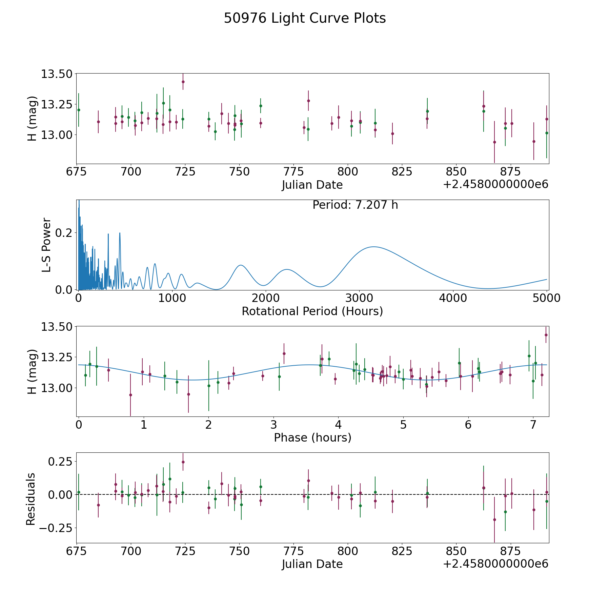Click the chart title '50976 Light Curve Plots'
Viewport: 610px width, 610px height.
pos(305,18)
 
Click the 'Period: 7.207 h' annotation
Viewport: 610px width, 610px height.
pos(355,205)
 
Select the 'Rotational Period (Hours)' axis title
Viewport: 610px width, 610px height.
pos(312,311)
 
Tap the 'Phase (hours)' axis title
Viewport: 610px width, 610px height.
pos(312,438)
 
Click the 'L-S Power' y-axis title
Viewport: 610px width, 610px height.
pos(47,245)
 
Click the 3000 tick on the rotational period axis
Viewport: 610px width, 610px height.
pos(359,298)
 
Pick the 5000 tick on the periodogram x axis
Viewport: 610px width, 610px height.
pos(546,298)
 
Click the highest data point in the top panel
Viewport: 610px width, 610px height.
pos(183,82)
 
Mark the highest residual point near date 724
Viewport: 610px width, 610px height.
pos(183,462)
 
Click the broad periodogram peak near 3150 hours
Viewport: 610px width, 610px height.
pos(373,247)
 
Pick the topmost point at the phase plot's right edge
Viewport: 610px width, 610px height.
pos(546,335)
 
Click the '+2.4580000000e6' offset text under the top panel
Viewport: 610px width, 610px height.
pos(495,185)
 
